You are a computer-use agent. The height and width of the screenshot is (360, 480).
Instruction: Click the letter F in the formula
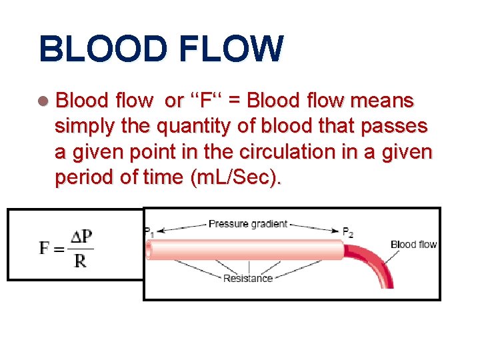[x=45, y=248]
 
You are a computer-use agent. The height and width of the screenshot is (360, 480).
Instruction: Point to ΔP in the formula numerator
[x=81, y=237]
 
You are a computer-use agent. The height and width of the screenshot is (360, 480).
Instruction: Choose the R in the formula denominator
[x=80, y=261]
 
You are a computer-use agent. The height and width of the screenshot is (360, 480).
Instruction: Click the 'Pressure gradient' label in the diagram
[x=247, y=224]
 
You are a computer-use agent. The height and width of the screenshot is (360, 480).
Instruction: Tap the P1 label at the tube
[x=148, y=231]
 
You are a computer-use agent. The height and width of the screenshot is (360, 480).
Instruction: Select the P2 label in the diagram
[x=347, y=231]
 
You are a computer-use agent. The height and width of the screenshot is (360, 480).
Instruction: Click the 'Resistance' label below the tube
[x=247, y=278]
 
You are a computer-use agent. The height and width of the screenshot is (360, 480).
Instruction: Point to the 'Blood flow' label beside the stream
[x=413, y=245]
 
